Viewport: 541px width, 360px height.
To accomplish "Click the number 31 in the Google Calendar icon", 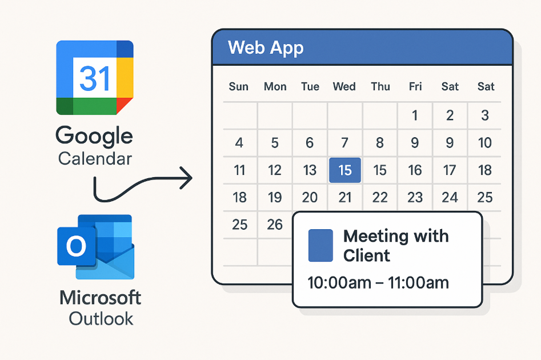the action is coord(94,78).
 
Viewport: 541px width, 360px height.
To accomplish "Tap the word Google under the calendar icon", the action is coord(94,135).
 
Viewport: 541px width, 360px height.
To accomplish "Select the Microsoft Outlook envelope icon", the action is coord(95,247).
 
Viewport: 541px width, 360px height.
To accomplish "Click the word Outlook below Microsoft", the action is coord(101,319).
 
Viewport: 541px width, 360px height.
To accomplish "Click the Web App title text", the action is coord(266,47).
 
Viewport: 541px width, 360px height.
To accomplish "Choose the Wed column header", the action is coord(344,86).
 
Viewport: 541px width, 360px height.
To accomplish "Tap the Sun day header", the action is coord(238,86).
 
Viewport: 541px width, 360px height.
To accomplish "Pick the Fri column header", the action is coord(415,86).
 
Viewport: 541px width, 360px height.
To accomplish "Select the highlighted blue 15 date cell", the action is coord(345,170).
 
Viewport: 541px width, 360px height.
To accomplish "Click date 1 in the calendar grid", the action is coord(415,115).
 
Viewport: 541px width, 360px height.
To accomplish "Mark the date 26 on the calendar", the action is coord(275,225).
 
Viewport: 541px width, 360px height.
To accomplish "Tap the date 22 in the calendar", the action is coord(380,198).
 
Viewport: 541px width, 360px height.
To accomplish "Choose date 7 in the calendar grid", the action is coord(344,142).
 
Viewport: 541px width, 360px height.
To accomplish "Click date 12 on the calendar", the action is coord(275,170).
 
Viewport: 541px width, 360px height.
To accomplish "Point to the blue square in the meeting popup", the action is coord(320,245).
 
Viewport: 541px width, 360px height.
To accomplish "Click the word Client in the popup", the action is coord(366,256).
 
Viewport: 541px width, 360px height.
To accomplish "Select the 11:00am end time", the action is coord(418,283).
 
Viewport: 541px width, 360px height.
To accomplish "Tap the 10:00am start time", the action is coord(339,283).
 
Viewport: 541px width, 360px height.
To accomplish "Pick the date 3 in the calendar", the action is coord(485,115).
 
